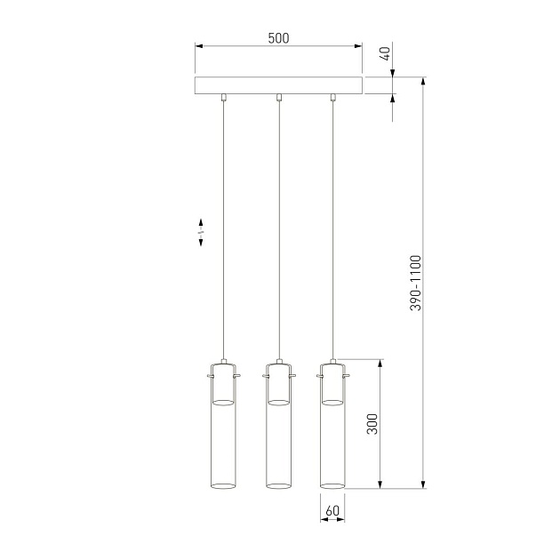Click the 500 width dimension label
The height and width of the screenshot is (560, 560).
[278, 38]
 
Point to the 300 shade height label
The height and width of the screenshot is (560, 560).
[372, 423]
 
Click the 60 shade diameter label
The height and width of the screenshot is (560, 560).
[332, 511]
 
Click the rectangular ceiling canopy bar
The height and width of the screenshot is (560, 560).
[278, 86]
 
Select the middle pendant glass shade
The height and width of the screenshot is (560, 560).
[279, 444]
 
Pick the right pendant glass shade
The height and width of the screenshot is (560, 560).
[332, 444]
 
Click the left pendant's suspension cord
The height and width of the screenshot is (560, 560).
[224, 231]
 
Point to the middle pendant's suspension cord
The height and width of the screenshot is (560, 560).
[279, 231]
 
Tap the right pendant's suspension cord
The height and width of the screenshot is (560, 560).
[332, 231]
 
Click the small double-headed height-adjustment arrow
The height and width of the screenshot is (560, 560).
[201, 232]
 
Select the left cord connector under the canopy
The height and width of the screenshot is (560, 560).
[224, 98]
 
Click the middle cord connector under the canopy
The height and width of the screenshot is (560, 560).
[279, 98]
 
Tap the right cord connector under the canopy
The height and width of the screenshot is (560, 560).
[332, 98]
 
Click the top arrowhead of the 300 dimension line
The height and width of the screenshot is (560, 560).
[381, 364]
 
